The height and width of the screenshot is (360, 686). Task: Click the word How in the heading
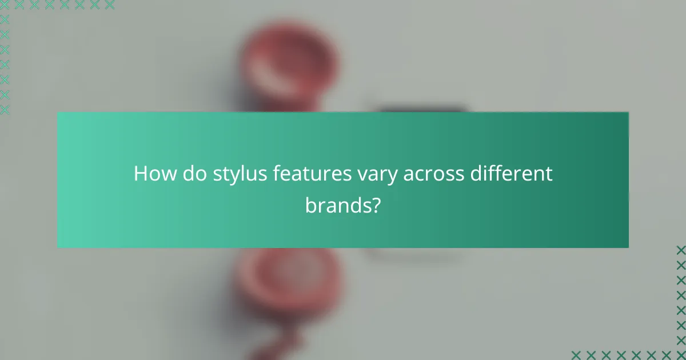150,174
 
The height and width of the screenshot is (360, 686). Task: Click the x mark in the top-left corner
5,5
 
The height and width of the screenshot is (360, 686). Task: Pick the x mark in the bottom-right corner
680,355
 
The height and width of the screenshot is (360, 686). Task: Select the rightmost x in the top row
109,5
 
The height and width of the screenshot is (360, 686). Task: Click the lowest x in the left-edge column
5,109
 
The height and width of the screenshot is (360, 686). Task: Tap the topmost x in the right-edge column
680,250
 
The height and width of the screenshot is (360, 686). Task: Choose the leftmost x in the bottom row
576,355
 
